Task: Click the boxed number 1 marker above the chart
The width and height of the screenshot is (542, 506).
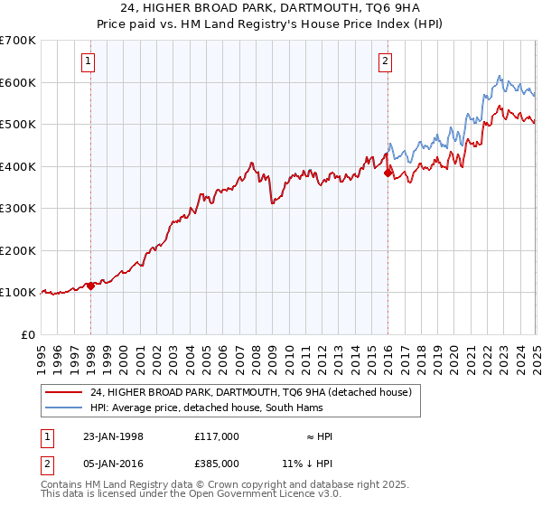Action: point(89,61)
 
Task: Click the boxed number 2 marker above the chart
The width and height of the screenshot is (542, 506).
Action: point(385,61)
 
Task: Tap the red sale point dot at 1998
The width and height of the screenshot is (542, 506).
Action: point(91,286)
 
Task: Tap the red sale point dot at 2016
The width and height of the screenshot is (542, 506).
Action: point(388,173)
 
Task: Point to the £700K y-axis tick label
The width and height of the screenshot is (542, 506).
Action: point(18,41)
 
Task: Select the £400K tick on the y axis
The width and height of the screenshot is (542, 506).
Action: point(18,166)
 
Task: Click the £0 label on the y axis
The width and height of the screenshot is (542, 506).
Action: point(27,334)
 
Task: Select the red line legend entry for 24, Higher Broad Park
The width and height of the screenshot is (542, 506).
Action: point(251,392)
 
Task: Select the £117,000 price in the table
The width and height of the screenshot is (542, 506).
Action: point(216,436)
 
